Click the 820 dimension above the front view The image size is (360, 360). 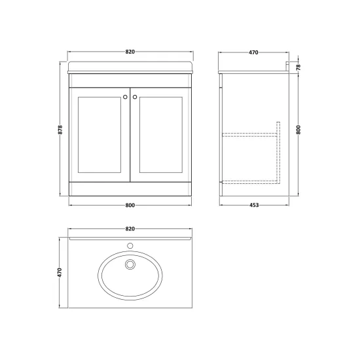point(130,52)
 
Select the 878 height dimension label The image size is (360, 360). point(60,130)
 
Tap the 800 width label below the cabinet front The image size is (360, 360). point(130,206)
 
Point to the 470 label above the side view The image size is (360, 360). point(253,52)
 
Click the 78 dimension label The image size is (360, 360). point(298,67)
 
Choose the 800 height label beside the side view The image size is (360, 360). point(298,130)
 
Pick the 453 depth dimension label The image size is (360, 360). point(254,205)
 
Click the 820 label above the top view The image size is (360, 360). point(130,229)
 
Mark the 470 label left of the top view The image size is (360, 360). point(60,272)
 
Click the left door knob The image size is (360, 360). point(125,97)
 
